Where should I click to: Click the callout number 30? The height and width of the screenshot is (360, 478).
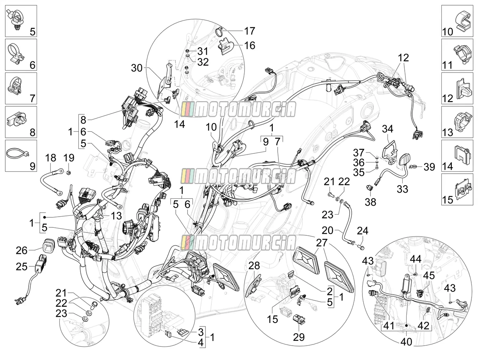137,68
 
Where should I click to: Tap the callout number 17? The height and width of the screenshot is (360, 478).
250,31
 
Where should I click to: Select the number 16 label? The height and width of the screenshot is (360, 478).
250,45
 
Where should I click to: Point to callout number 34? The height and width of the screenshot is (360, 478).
388,129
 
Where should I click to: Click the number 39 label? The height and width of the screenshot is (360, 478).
429,167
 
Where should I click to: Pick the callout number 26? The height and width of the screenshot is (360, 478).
22,250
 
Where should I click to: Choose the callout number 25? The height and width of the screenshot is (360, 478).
22,267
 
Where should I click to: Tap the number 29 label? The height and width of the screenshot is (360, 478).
299,337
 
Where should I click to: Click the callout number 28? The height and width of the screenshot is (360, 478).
254,266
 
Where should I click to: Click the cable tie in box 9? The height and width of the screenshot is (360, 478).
18,154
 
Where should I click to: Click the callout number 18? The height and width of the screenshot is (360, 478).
51,158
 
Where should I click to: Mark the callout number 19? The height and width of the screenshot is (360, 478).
69,158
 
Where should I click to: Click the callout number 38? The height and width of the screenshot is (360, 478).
370,202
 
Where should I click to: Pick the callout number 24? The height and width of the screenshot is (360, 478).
362,231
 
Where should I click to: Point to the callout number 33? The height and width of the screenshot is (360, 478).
402,189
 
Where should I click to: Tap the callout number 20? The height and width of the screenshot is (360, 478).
327,230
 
